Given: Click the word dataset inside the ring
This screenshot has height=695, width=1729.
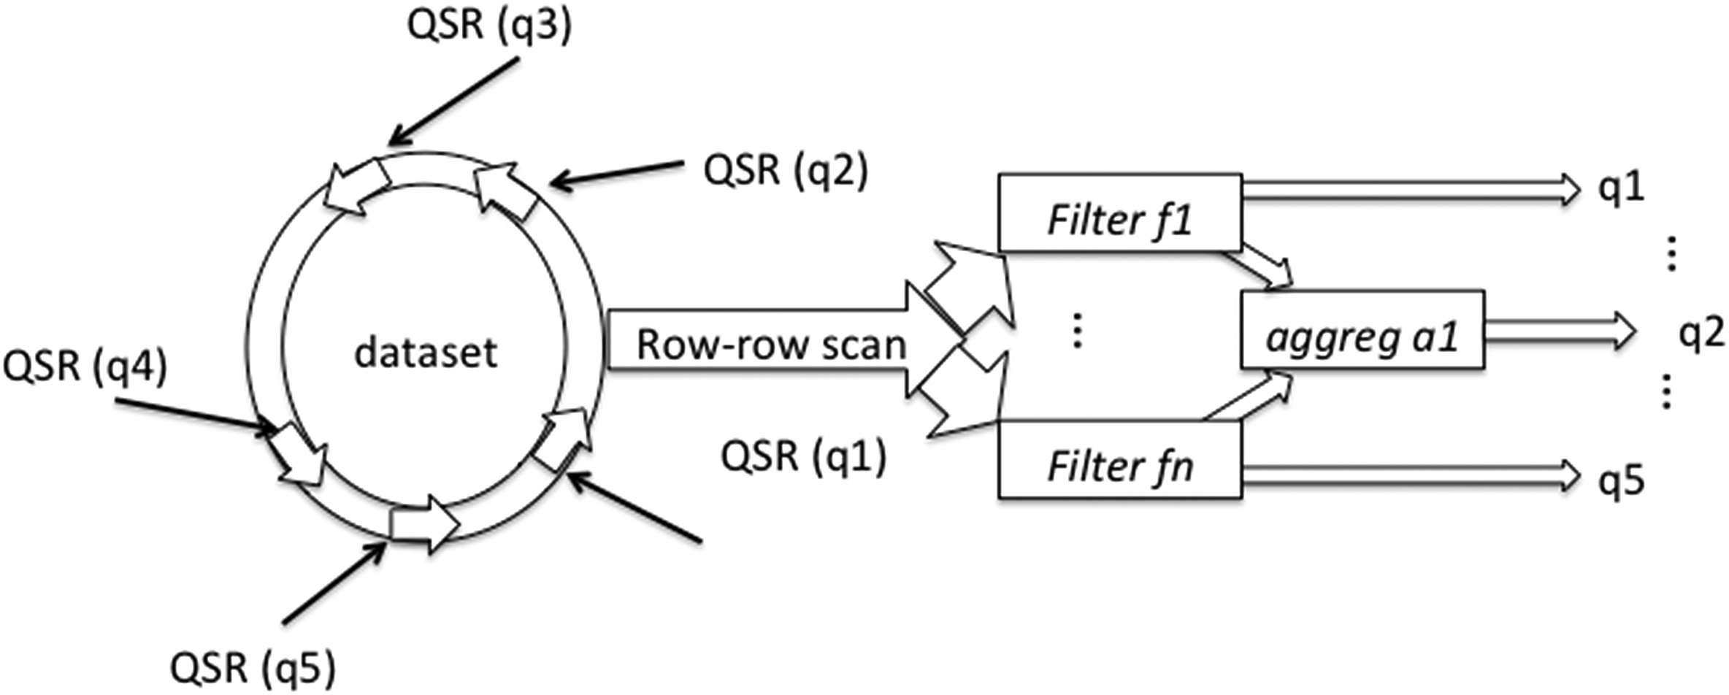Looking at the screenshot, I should pos(425,353).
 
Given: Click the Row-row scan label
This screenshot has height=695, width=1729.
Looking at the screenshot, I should pos(771,345).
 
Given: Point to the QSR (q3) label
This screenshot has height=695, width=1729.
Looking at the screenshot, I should pos(489,26).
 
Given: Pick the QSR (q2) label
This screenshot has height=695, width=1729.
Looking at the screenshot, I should pos(786,171).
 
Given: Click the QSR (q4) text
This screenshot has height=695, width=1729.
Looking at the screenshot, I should pos(85,365).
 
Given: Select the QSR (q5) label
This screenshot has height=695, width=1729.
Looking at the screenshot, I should pos(253,667).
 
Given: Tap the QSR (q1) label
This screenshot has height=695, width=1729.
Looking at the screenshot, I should pos(803,457).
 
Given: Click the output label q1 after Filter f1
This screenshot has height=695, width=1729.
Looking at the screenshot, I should pos(1622,188).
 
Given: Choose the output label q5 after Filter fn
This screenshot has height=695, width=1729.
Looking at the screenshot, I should pos(1622,480).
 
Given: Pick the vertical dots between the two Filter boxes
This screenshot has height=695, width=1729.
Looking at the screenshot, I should pos(1077,330).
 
